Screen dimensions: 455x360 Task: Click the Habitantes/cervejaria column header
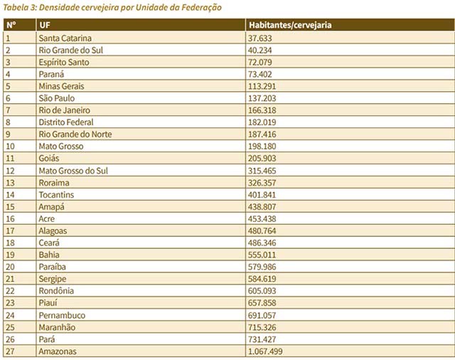tap(290, 26)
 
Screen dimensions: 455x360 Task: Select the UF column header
tap(45, 26)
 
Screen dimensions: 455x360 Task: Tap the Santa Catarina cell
tap(65, 38)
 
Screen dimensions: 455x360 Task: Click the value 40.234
tap(259, 51)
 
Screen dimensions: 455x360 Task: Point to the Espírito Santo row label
tap(64, 63)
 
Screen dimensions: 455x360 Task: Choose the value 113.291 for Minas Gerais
tap(262, 86)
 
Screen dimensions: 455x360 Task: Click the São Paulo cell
tap(57, 98)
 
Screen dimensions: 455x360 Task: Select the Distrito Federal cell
tap(66, 122)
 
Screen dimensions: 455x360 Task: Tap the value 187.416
tap(262, 134)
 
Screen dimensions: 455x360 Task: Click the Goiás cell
tap(49, 158)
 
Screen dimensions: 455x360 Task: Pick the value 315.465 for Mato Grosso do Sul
tap(262, 171)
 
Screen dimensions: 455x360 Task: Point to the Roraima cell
tap(54, 183)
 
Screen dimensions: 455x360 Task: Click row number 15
tap(10, 207)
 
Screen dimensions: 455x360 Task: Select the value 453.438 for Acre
tap(262, 218)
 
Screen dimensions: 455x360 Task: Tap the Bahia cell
tap(49, 255)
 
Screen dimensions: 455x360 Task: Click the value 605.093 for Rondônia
tap(262, 290)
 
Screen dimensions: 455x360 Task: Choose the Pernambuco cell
tap(62, 315)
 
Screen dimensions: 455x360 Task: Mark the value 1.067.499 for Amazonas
tap(265, 351)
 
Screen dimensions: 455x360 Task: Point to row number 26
tap(10, 339)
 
